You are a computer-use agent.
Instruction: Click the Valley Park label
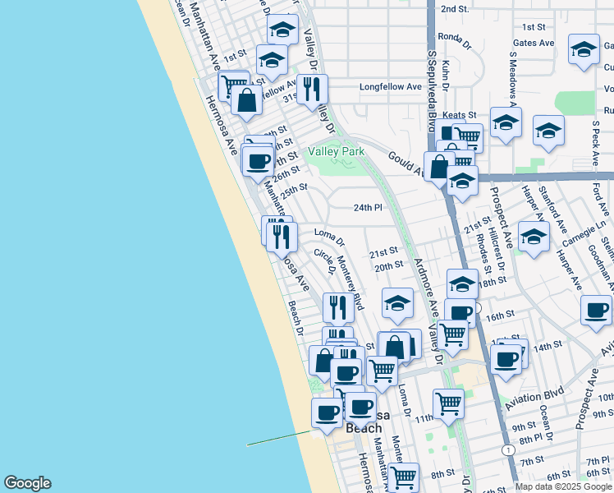[335, 151]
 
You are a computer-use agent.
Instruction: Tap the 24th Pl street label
[368, 208]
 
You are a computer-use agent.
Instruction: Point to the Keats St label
[460, 116]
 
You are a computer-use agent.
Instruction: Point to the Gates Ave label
[533, 43]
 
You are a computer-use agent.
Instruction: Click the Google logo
[27, 483]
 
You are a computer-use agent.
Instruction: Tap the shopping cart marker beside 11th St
[448, 403]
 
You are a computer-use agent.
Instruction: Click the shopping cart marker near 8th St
[403, 477]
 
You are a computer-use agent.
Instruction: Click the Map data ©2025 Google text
[564, 486]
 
